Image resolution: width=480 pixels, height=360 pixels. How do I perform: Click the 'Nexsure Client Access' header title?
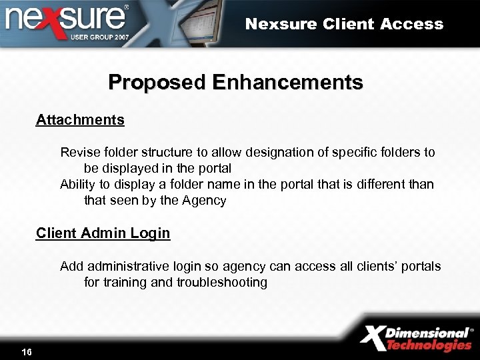[344, 24]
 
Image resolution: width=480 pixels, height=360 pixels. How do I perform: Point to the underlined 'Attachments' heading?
[80, 120]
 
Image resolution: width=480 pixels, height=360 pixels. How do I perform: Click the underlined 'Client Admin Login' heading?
[103, 233]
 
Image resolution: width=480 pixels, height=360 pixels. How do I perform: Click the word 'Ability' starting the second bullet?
[77, 185]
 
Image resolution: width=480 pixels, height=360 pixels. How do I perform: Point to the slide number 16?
[27, 351]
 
